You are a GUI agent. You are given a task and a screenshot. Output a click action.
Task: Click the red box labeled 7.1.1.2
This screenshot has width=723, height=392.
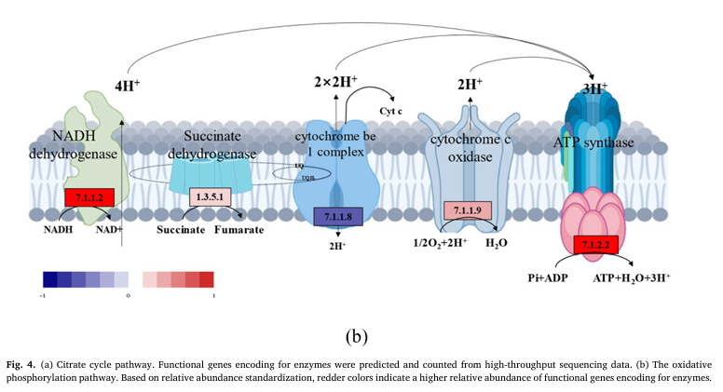(x=89, y=196)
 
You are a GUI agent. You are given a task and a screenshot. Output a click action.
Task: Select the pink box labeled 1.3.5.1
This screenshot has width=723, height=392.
(x=210, y=196)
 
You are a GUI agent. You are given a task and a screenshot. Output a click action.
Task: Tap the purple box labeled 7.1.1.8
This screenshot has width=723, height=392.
(x=337, y=216)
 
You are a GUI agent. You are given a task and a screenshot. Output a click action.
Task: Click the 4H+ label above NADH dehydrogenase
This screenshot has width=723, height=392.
(x=128, y=84)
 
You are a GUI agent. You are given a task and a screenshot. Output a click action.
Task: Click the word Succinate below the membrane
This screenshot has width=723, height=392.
(x=181, y=228)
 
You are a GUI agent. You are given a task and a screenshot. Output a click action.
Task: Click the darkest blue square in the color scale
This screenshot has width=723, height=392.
(x=50, y=278)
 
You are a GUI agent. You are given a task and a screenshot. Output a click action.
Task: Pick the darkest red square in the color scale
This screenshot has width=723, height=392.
(x=206, y=278)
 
